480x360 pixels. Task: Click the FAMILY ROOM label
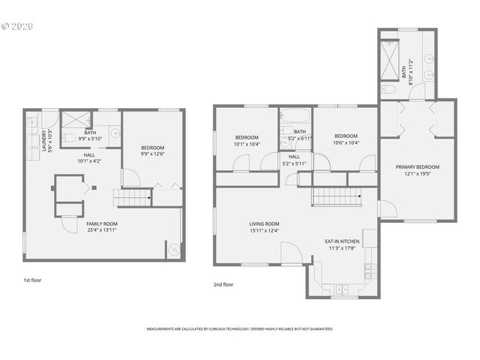click(101, 223)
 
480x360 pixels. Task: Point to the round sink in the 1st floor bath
click(115, 133)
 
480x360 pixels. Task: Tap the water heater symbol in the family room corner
click(174, 250)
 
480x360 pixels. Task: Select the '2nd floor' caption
click(223, 284)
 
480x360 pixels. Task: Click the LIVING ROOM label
click(264, 223)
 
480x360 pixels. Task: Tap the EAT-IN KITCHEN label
click(342, 241)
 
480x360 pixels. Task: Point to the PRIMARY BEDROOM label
click(418, 166)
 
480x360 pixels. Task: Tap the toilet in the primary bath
click(388, 89)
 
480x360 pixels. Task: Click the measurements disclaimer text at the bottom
click(239, 328)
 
